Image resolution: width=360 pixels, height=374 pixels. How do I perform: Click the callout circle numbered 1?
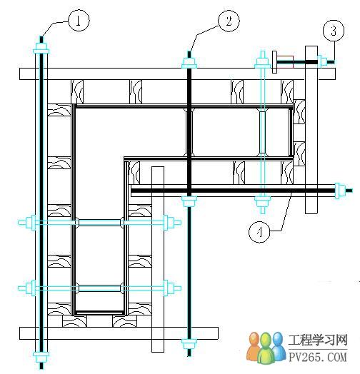tap(79, 20)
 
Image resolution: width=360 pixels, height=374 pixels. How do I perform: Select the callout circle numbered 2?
tap(229, 21)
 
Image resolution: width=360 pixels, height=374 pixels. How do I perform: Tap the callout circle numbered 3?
tap(334, 31)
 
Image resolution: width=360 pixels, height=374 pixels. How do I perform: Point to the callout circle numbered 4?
tap(259, 231)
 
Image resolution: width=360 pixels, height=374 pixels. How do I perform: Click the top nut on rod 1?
tap(41, 49)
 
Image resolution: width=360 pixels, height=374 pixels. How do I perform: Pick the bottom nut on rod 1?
tap(41, 357)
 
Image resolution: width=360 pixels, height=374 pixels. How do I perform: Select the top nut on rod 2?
tap(189, 63)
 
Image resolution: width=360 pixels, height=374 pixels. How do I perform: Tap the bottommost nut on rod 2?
tap(189, 343)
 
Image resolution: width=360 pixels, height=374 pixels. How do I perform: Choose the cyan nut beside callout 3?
tap(322, 62)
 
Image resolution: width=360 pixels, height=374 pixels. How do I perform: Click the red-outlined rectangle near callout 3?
tap(285, 62)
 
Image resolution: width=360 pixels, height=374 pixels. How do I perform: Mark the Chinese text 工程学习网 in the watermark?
tap(318, 340)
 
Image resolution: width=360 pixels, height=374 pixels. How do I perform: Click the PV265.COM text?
tap(318, 357)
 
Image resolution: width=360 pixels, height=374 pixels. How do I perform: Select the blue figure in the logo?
tap(279, 346)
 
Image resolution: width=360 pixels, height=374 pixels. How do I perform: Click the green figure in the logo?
tap(266, 349)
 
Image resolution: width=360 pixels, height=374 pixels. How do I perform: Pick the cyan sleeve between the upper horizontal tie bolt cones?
tap(99, 223)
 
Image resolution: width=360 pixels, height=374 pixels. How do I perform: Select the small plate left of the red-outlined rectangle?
tap(274, 62)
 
